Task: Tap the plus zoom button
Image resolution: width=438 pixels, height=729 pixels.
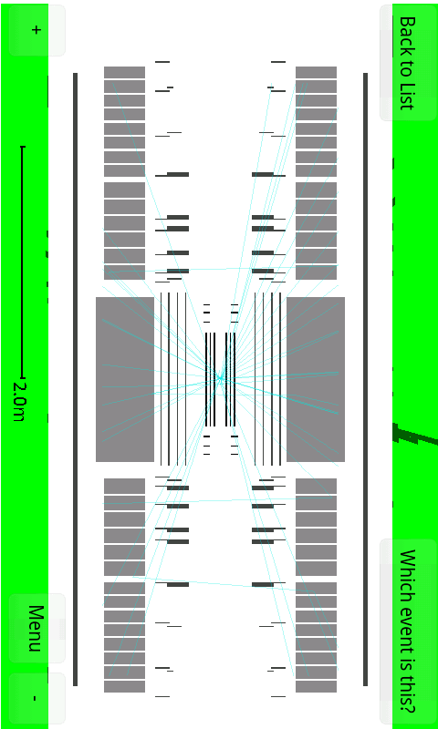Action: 36,30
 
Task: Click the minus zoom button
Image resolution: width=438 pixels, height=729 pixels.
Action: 36,698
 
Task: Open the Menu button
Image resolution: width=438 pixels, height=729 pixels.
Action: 36,628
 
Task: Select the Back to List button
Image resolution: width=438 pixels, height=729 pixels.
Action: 408,63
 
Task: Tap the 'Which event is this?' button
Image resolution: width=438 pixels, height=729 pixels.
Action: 408,631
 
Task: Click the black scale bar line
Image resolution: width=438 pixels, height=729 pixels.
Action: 22,262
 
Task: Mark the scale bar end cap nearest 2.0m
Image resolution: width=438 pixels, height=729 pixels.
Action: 22,377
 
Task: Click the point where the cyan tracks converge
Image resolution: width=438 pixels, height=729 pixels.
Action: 220,379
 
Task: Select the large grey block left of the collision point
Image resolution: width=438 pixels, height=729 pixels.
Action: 125,379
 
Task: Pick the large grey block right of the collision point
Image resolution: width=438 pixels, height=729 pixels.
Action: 316,379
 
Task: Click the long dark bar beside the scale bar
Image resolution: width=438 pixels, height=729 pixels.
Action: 76,379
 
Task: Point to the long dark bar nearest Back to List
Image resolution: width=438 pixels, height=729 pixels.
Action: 365,379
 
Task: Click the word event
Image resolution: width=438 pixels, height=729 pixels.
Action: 407,619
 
